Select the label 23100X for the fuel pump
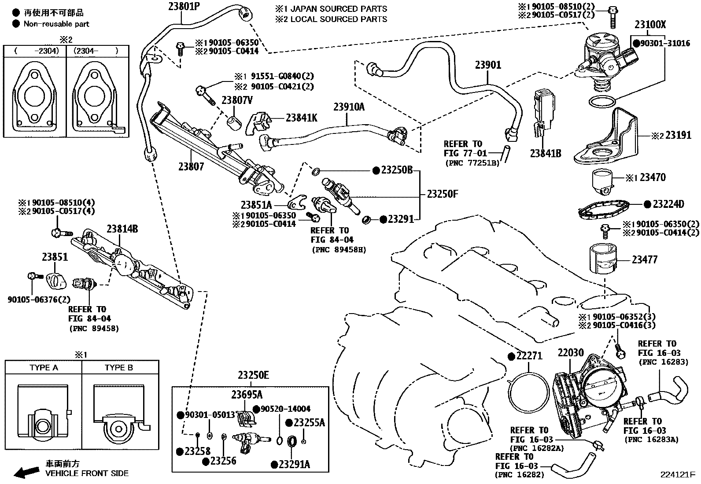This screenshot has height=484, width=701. click(x=650, y=25)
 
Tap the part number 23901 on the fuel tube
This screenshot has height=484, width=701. click(x=488, y=66)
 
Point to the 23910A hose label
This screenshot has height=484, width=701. click(x=349, y=107)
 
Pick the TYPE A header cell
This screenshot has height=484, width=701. click(x=44, y=367)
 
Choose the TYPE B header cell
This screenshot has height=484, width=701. click(x=119, y=367)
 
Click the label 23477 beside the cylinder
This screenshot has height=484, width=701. click(x=644, y=260)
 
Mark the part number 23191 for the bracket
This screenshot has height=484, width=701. click(x=678, y=135)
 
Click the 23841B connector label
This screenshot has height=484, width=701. click(x=546, y=153)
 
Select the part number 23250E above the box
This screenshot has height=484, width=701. click(x=253, y=376)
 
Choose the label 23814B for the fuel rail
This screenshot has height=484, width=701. click(x=122, y=229)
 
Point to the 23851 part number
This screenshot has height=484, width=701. click(x=55, y=257)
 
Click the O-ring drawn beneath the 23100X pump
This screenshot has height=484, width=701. click(x=601, y=102)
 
